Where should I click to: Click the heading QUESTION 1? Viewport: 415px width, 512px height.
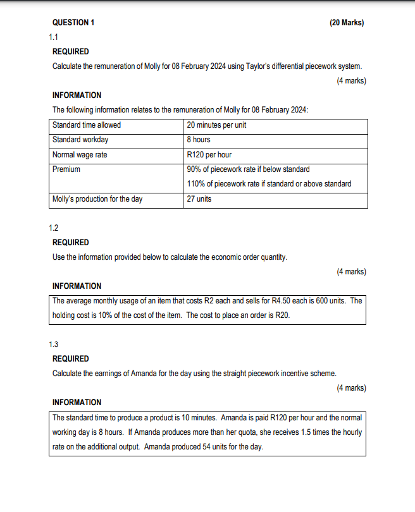pos(73,23)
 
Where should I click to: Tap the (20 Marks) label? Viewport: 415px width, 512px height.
pos(346,23)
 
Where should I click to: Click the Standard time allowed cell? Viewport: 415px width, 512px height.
pos(87,125)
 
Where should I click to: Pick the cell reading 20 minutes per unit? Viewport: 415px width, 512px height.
pos(216,125)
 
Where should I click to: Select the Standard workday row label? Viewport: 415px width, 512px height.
pos(80,140)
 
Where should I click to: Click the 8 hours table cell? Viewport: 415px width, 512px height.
pos(199,140)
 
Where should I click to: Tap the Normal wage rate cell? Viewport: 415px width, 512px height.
pos(80,154)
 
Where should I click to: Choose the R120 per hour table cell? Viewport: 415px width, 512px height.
pos(209,154)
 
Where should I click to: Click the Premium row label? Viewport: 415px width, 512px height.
pos(66,169)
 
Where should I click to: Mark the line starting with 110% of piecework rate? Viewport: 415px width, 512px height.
pos(269,184)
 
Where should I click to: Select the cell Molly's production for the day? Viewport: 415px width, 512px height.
pos(97,199)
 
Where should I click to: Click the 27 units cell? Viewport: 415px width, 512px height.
pos(199,199)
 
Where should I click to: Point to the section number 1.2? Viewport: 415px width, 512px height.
pos(54,228)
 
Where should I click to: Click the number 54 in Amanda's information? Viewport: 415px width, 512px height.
pos(211,447)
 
